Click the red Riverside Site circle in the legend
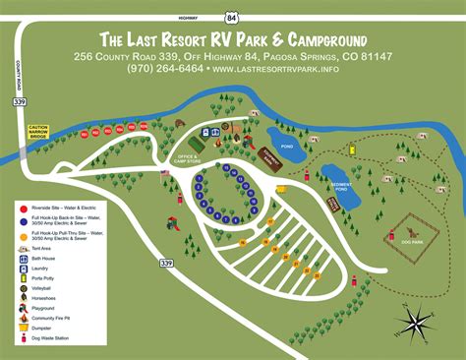pos(23,209)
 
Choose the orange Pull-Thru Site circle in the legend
pos(23,236)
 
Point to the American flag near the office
pos(165,173)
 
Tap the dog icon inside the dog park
pos(392,236)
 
